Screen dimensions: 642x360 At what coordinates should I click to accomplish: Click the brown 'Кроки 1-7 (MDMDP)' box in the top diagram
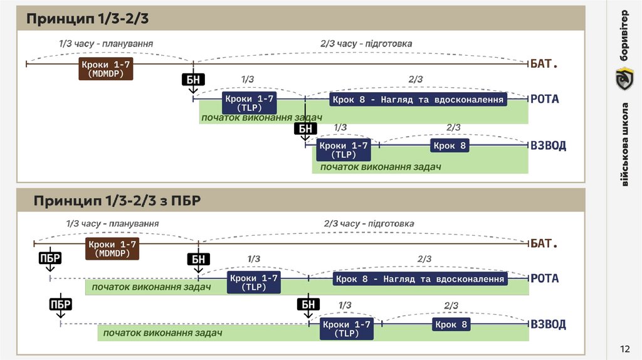pyautogui.click(x=106, y=69)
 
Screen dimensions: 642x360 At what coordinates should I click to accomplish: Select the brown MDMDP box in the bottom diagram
pyautogui.click(x=112, y=249)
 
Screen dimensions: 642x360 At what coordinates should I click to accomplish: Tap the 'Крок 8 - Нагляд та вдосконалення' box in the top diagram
pyautogui.click(x=418, y=100)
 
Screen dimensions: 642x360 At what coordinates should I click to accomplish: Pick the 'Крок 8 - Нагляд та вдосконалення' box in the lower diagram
pyautogui.click(x=419, y=279)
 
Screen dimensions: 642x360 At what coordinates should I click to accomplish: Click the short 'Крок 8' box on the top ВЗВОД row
pyautogui.click(x=450, y=146)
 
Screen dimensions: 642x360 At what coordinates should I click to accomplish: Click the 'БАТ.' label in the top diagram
pyautogui.click(x=544, y=64)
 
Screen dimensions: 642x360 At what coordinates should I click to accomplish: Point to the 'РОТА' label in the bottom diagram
pyautogui.click(x=544, y=278)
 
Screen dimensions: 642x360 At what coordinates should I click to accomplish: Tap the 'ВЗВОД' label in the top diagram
pyautogui.click(x=548, y=146)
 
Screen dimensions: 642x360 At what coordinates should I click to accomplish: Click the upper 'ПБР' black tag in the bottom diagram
pyautogui.click(x=50, y=259)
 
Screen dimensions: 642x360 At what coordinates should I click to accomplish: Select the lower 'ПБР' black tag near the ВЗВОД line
pyautogui.click(x=61, y=305)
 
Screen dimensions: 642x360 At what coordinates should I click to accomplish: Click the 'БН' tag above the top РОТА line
pyautogui.click(x=192, y=80)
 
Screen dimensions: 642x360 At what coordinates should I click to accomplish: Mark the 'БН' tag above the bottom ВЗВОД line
pyautogui.click(x=308, y=305)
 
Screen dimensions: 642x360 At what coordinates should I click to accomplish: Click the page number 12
pyautogui.click(x=624, y=349)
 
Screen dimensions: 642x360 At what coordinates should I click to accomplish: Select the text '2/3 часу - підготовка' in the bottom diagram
pyautogui.click(x=369, y=223)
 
